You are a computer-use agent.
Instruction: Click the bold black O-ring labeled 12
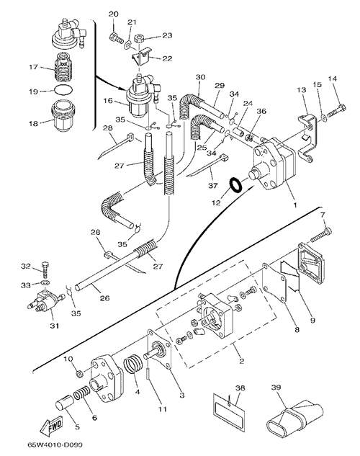coord(235,186)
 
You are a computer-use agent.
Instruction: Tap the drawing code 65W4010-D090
coord(55,445)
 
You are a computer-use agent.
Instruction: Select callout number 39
coord(276,388)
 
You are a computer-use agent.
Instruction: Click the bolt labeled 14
coord(338,112)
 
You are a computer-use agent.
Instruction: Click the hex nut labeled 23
coord(138,39)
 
